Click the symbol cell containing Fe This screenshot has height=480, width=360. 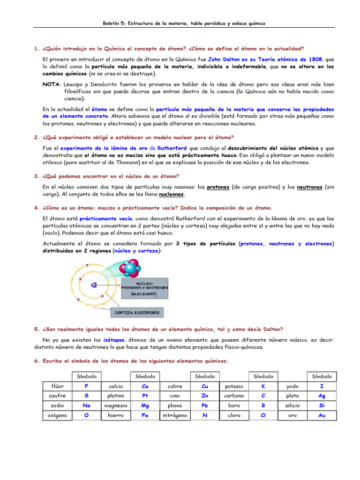click(x=145, y=415)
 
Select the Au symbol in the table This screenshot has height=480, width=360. click(x=322, y=415)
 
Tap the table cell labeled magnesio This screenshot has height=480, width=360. click(x=115, y=406)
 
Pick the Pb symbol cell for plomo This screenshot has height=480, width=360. click(x=205, y=406)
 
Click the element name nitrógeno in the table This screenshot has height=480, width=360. click(x=175, y=415)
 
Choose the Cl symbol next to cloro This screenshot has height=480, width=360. click(x=263, y=415)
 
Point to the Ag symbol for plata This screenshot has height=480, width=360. click(x=322, y=396)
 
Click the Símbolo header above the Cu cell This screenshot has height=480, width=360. click(x=205, y=376)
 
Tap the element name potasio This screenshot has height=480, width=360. click(x=234, y=387)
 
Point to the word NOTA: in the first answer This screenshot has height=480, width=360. click(x=51, y=85)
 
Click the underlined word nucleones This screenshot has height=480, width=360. click(x=171, y=194)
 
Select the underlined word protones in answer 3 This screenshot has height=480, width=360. click(x=218, y=187)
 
